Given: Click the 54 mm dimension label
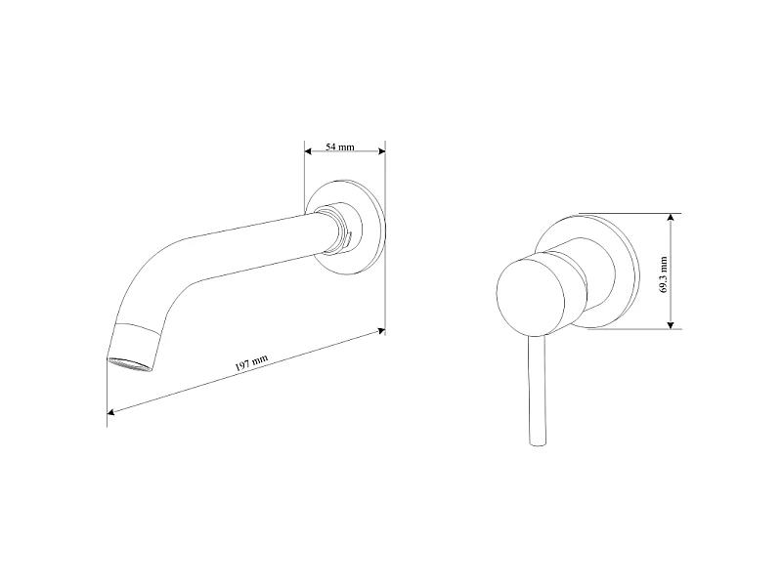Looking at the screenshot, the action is (339, 147).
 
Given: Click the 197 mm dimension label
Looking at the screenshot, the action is (251, 362).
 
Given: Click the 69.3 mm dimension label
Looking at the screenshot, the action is (664, 274).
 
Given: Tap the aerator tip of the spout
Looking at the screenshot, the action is (130, 364).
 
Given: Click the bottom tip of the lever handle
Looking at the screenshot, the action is (538, 444).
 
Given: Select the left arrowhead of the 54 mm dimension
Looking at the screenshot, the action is (308, 151).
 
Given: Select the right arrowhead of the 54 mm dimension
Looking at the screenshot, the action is (382, 151).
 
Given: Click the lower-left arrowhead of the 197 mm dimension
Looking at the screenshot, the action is (110, 411).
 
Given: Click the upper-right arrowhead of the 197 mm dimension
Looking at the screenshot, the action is (381, 330).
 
